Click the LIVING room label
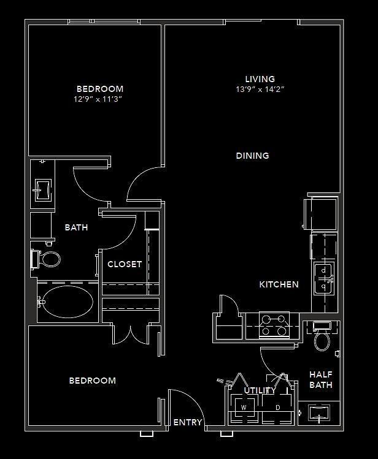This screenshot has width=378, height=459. coord(260,78)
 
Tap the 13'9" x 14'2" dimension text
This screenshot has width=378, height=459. coord(260,89)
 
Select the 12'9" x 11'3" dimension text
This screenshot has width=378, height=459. coord(98,99)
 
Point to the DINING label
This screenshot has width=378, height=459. coord(252,156)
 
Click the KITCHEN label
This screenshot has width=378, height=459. coord(279,284)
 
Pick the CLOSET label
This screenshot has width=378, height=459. coord(125,264)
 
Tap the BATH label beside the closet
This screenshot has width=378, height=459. coord(76,227)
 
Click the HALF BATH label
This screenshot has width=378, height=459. coord(321,379)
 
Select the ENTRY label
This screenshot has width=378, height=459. coord(188,422)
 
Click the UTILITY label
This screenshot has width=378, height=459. coord(260,390)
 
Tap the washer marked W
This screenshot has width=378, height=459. coord(244,408)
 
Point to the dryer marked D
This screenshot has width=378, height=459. coord(277,408)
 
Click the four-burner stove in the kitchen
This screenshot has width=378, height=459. coord(274,325)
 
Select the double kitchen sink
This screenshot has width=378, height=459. coord(324,278)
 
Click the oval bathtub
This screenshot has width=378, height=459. coord(68,302)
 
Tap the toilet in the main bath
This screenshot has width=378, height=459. coord(46,259)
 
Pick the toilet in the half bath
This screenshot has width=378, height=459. coord(322,336)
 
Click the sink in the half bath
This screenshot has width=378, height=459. coord(319,413)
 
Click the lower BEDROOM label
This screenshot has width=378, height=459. coord(92,381)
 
